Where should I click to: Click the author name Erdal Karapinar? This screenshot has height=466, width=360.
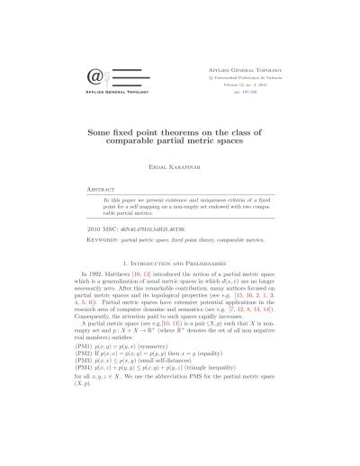(x=180, y=167)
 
